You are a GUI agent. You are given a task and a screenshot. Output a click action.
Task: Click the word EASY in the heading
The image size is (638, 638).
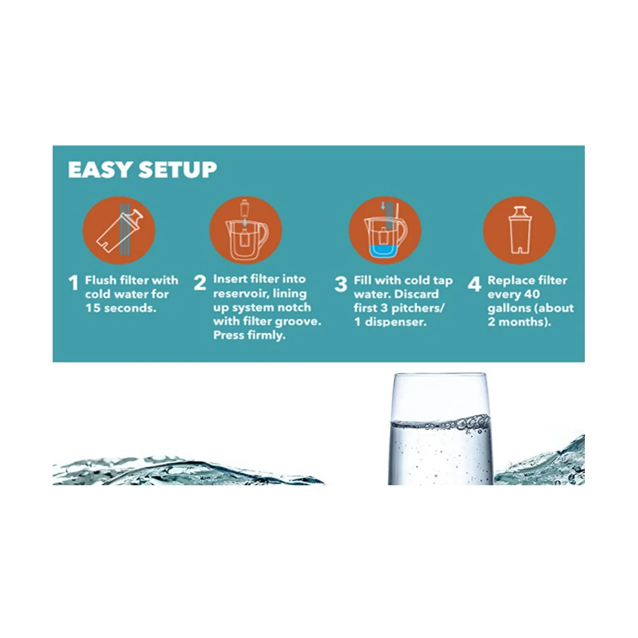[x=99, y=170]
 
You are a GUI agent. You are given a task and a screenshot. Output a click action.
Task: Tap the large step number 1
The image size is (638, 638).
[x=74, y=283]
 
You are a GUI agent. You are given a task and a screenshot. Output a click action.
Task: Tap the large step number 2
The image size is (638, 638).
[x=199, y=283]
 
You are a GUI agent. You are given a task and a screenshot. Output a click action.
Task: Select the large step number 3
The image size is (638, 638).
[x=341, y=284]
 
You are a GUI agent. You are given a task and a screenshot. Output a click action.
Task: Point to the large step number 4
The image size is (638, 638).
[x=474, y=284]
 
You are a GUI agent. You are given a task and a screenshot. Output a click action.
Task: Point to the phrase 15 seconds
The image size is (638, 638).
[x=121, y=308]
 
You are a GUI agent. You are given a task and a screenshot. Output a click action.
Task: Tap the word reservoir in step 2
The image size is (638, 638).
[x=238, y=293]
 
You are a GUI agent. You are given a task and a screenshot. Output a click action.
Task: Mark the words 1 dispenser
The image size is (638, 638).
[x=390, y=322]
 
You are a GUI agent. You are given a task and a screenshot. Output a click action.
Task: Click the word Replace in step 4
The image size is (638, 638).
[x=510, y=280]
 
